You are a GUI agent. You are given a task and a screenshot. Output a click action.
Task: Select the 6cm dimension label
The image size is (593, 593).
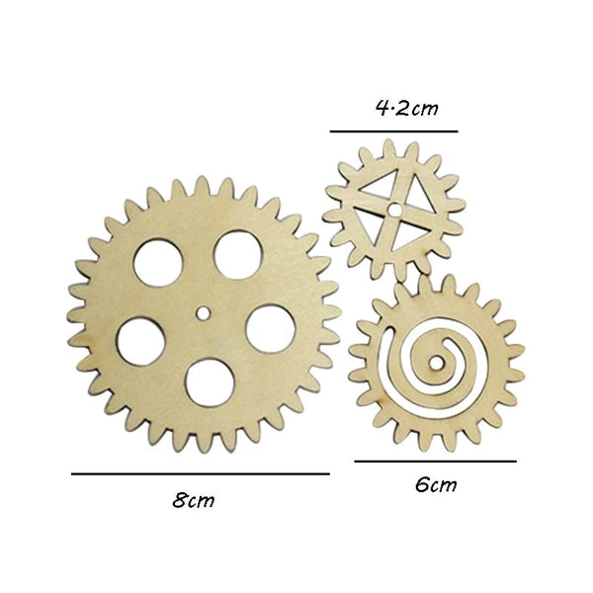tap(435, 484)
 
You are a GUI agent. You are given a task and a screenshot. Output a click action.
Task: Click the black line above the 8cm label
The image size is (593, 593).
tap(200, 473)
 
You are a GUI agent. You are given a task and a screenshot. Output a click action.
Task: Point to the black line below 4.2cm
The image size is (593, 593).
tap(394, 130)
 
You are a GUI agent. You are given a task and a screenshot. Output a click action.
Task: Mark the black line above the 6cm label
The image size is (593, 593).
tap(435, 461)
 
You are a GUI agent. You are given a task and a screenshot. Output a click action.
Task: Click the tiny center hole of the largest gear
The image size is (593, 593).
tap(203, 313)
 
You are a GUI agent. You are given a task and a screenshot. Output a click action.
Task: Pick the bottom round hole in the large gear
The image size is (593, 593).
tap(209, 381)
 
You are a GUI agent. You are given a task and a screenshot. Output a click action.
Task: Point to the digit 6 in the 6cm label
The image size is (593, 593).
tap(422, 484)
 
